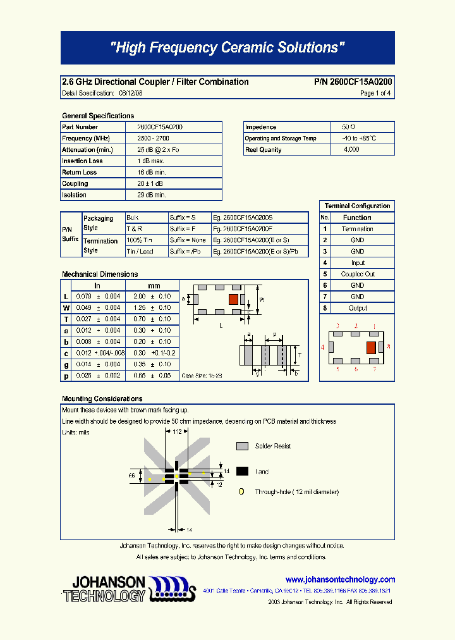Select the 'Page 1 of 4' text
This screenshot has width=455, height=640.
coord(375,93)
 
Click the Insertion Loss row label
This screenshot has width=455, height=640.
coord(83,161)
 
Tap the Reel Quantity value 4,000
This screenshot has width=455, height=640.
coord(351,150)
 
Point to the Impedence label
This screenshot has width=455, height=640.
coord(261,127)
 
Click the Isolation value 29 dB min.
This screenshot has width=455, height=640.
coord(151,195)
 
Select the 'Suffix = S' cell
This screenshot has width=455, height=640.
coord(183,218)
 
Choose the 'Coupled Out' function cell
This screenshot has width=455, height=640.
coord(358,274)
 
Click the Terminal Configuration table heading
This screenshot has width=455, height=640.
coord(357,206)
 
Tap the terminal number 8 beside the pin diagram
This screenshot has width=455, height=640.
coord(389,347)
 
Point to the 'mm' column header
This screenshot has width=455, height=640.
coord(154,286)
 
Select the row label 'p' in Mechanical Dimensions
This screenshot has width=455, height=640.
coord(66,376)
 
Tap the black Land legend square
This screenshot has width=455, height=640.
coord(242,471)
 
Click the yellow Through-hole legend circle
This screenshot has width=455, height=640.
coord(241,491)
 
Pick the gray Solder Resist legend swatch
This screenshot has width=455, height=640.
coord(242,446)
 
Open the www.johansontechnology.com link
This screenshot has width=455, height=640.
coord(340,579)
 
